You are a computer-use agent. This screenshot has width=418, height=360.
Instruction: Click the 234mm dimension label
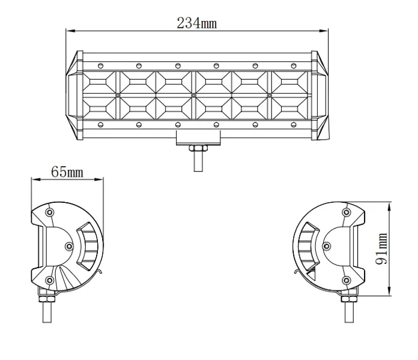197,23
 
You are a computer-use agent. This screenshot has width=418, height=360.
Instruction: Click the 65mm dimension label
67,172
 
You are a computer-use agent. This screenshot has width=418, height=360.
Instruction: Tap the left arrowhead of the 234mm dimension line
70,31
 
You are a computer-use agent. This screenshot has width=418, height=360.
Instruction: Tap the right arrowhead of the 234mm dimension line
324,31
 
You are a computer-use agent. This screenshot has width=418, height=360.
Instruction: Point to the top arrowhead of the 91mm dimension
390,206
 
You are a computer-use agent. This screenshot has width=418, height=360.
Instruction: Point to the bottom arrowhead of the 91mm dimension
390,292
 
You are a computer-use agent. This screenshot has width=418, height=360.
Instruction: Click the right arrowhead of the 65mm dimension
99,179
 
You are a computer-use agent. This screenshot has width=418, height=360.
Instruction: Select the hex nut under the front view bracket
198,148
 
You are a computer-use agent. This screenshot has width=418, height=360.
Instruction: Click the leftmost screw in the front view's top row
100,66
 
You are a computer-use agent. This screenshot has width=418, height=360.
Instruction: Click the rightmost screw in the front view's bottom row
294,125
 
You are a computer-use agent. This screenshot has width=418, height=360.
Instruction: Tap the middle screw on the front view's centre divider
194,95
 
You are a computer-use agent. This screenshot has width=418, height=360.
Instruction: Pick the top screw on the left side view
50,212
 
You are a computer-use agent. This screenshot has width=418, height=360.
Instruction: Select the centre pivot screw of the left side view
69,247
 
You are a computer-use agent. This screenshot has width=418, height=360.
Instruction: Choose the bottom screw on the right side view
347,280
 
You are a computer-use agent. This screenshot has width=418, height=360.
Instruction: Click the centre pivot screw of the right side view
327,247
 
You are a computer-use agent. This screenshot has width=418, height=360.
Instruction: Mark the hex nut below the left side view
47,299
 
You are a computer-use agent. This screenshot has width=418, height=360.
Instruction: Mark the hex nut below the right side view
349,299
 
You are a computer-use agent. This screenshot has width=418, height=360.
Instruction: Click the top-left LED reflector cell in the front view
99,82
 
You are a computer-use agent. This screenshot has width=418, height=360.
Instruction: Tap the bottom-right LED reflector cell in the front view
289,108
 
